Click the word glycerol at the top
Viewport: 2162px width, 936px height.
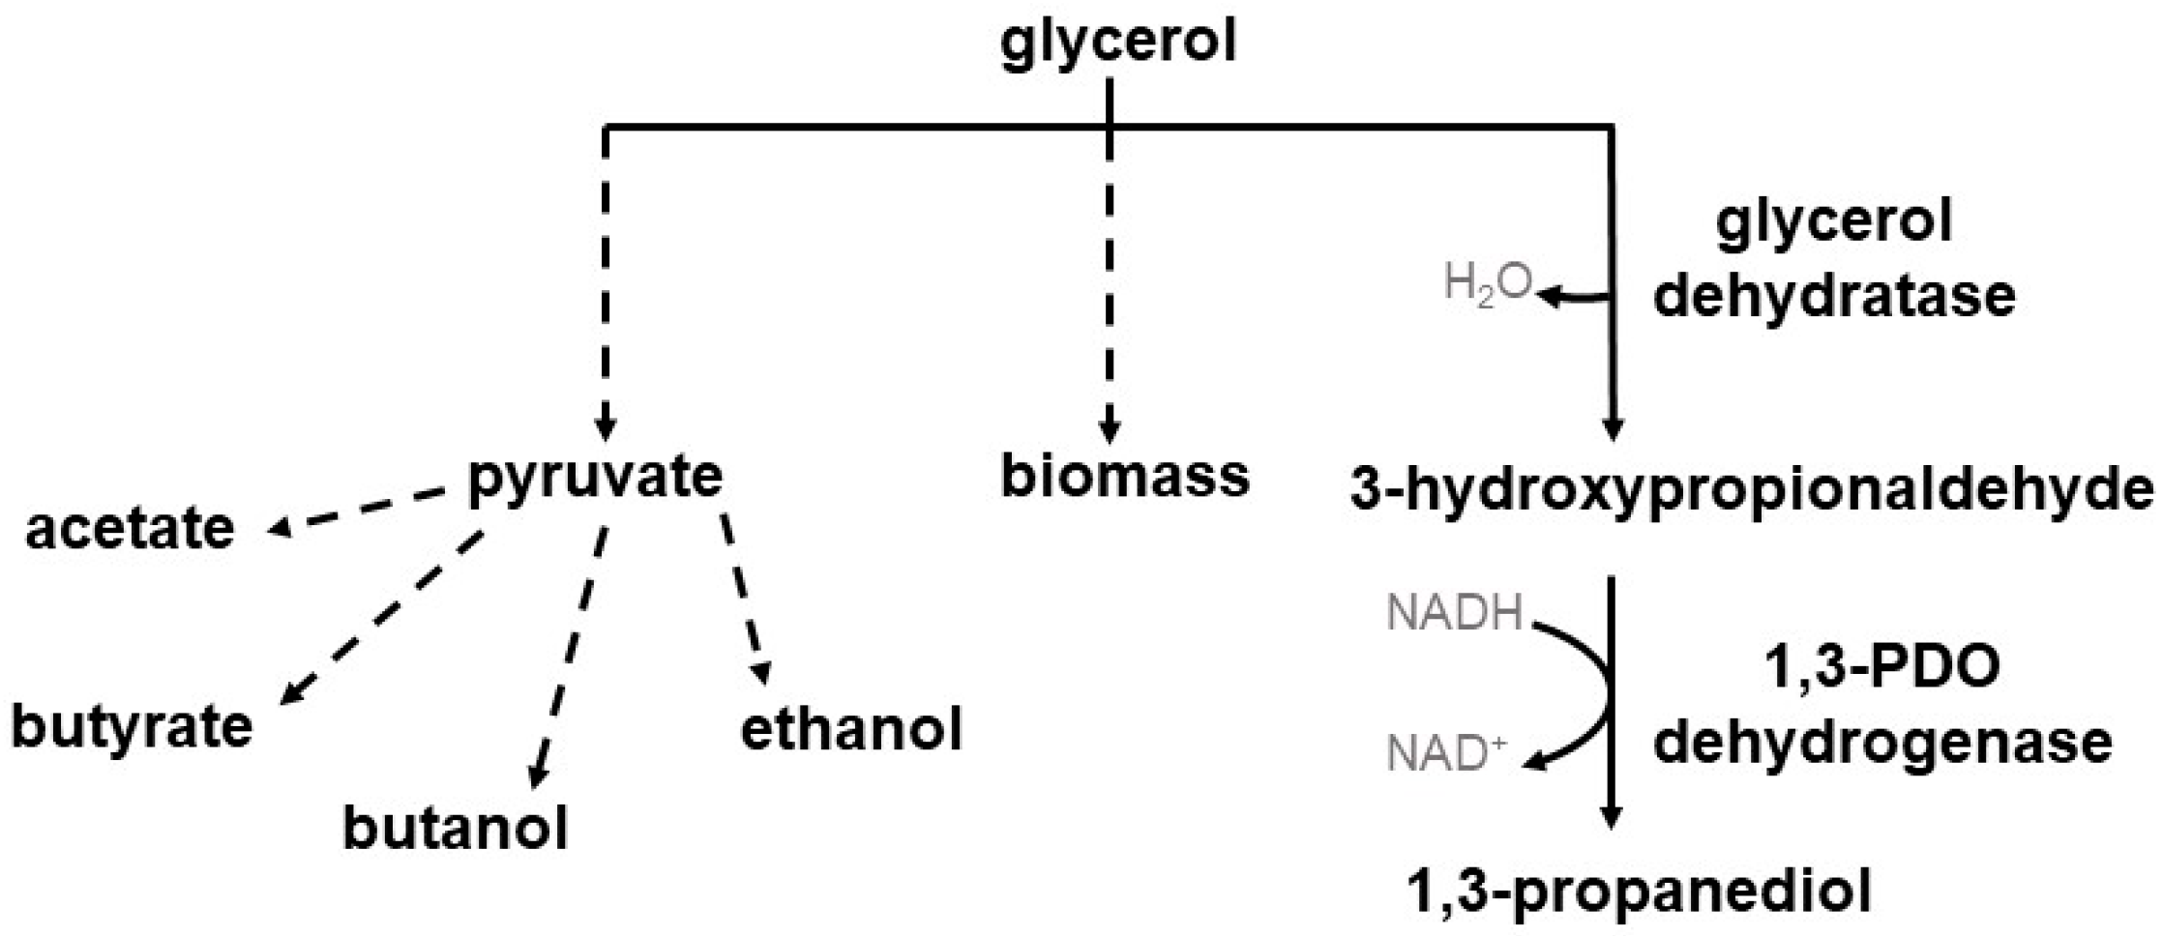pyautogui.click(x=1117, y=44)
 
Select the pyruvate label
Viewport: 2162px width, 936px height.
pyautogui.click(x=595, y=478)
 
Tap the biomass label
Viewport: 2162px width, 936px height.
pyautogui.click(x=1124, y=477)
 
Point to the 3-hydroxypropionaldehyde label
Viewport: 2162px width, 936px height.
pyautogui.click(x=1751, y=490)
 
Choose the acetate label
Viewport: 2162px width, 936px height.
pyautogui.click(x=130, y=529)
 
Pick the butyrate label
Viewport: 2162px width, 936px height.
pyautogui.click(x=132, y=726)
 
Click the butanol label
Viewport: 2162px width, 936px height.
pyautogui.click(x=456, y=829)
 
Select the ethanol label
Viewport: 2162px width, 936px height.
pyautogui.click(x=851, y=729)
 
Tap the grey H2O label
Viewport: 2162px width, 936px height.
pyautogui.click(x=1487, y=283)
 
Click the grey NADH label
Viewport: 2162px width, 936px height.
pyautogui.click(x=1454, y=614)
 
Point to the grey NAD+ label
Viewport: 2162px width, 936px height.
pyautogui.click(x=1446, y=754)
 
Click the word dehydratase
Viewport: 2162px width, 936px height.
pyautogui.click(x=1834, y=295)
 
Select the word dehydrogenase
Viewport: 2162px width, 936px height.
pyautogui.click(x=1882, y=743)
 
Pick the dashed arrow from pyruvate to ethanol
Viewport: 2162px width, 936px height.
pyautogui.click(x=745, y=600)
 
